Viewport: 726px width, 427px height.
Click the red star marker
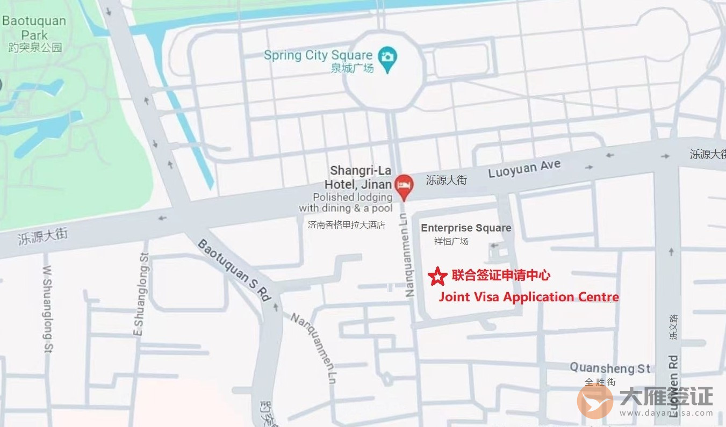(438, 276)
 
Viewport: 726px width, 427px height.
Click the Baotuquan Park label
(35, 28)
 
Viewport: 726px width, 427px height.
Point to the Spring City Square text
(318, 55)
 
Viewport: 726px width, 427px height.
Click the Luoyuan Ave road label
(524, 169)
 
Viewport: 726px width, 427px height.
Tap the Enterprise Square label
(466, 228)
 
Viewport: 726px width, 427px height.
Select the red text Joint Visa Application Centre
(529, 297)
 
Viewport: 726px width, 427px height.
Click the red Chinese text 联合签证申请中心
(501, 276)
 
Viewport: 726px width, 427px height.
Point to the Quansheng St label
(610, 368)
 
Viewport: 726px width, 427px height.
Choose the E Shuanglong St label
(140, 294)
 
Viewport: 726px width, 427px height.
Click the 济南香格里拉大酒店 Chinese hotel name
(347, 225)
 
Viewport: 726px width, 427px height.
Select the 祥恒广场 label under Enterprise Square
(451, 241)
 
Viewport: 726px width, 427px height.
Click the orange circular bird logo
(595, 401)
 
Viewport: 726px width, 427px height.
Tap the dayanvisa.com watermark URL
(666, 413)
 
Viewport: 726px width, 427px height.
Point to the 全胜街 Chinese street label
(601, 382)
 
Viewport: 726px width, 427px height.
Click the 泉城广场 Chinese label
(352, 68)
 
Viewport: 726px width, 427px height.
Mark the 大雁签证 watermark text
(666, 396)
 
